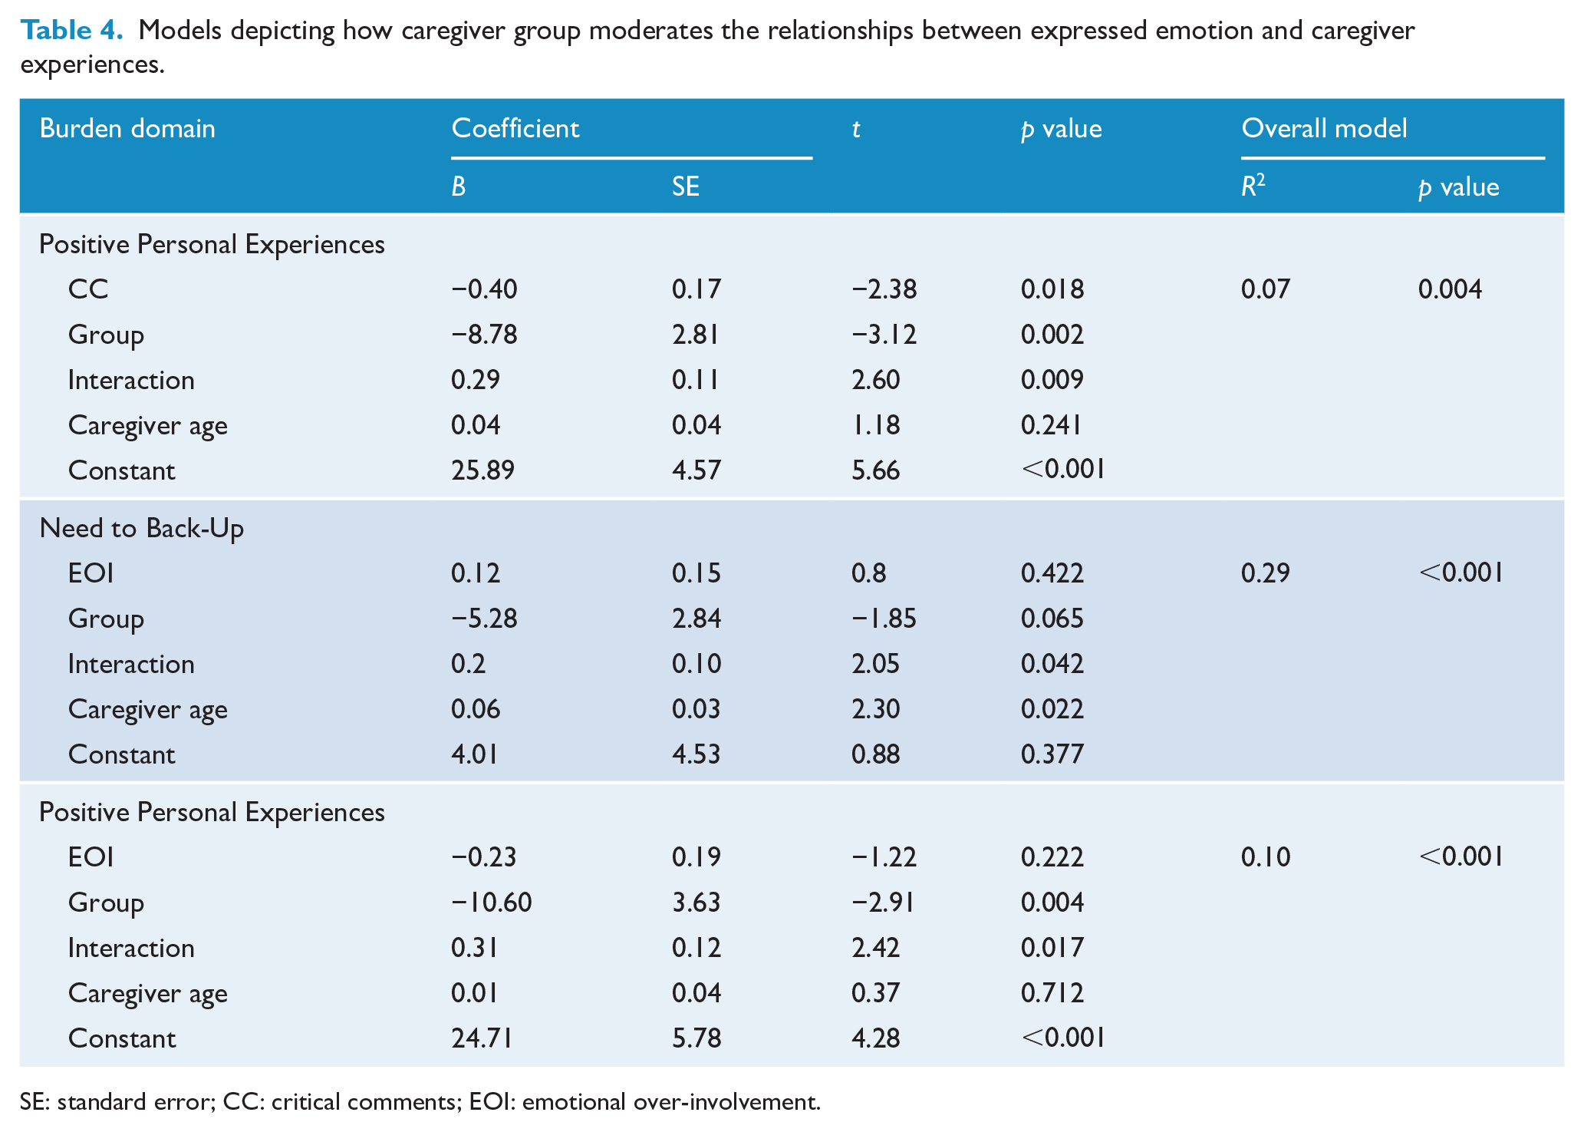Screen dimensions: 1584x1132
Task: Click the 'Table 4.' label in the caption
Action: pos(71,30)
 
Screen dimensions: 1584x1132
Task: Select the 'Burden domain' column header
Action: pos(127,128)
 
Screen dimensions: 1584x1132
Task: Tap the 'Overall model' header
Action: pos(1324,128)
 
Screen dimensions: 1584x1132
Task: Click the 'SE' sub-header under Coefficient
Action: pos(685,186)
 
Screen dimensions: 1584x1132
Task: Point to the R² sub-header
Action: pos(1253,186)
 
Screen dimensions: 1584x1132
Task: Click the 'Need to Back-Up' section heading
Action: pos(141,529)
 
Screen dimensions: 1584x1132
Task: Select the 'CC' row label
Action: pos(88,289)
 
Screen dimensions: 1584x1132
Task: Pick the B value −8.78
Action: pos(484,335)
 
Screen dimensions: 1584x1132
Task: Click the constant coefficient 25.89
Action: pos(482,470)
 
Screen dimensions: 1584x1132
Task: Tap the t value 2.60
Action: pos(875,380)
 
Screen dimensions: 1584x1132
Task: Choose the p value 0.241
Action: pos(1051,425)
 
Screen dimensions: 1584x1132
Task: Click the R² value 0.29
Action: pos(1265,573)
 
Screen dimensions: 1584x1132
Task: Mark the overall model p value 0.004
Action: pos(1450,289)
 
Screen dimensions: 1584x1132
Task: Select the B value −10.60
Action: pos(491,903)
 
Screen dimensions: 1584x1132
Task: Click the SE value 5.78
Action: pos(696,1038)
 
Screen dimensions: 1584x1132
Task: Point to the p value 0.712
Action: pos(1052,993)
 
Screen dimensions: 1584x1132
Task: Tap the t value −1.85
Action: pos(884,619)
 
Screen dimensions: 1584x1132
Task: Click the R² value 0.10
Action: pos(1266,857)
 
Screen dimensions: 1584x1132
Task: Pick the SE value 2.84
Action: pos(696,619)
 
